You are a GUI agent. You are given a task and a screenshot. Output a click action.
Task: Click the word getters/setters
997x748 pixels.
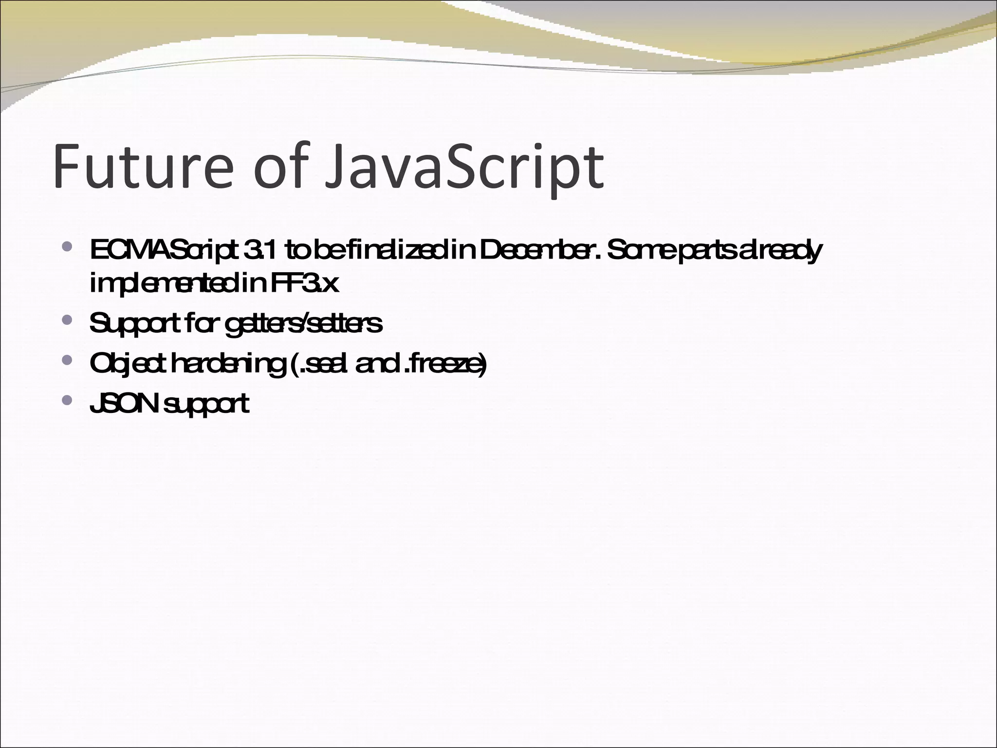coord(304,324)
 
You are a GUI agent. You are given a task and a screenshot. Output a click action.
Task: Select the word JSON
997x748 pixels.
coord(125,404)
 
